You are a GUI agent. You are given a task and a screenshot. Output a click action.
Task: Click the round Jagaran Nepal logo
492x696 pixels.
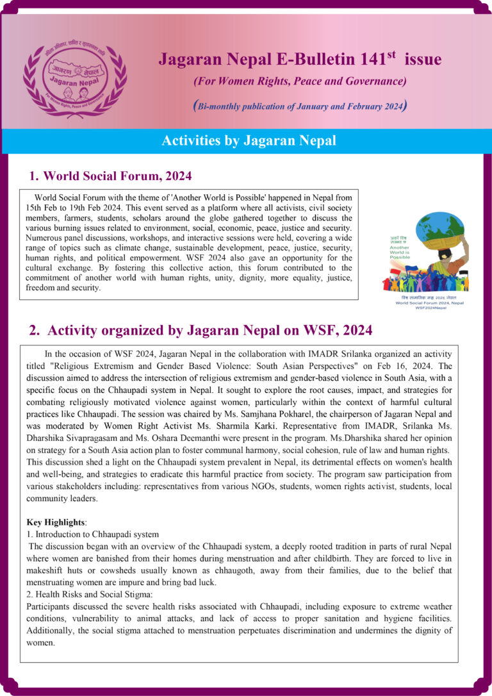point(75,72)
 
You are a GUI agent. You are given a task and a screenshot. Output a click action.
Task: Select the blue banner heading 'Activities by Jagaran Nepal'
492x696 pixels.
point(249,140)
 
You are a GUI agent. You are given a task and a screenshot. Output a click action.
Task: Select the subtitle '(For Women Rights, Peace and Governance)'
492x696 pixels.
point(300,81)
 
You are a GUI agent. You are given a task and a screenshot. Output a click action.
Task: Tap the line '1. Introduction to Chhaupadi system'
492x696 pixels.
point(92,534)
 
